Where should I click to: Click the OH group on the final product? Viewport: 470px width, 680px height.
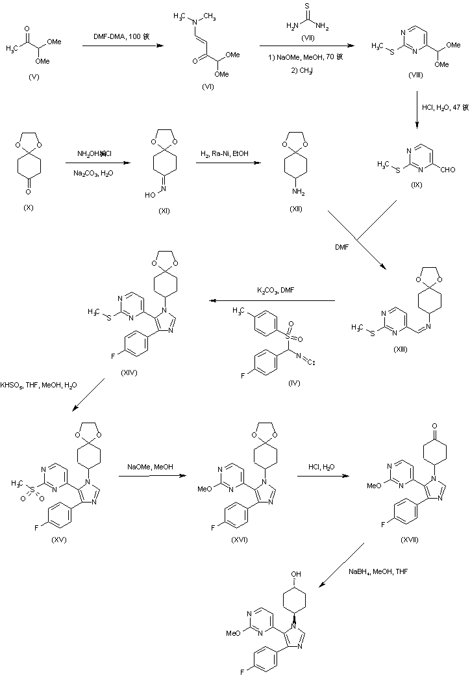pos(296,575)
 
